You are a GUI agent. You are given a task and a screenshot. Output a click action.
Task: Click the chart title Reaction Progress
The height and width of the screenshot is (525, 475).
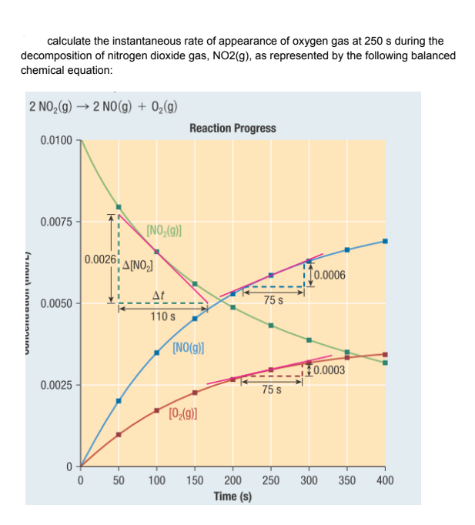pyautogui.click(x=232, y=128)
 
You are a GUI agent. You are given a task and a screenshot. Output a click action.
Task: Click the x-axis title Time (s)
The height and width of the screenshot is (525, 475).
pyautogui.click(x=232, y=497)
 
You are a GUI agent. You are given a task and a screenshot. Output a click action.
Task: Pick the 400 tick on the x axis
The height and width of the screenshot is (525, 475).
pyautogui.click(x=386, y=480)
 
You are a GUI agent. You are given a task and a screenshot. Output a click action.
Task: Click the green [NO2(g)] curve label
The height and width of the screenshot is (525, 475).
pyautogui.click(x=163, y=230)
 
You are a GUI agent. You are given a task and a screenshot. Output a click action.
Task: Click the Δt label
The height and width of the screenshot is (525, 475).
pyautogui.click(x=157, y=295)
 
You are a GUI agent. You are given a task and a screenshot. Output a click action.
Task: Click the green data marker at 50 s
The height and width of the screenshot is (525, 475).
pyautogui.click(x=119, y=206)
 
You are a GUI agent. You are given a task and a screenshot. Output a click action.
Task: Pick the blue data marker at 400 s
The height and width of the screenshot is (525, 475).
pyautogui.click(x=385, y=241)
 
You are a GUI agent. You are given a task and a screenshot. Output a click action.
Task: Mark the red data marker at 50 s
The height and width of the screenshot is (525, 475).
pyautogui.click(x=119, y=434)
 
